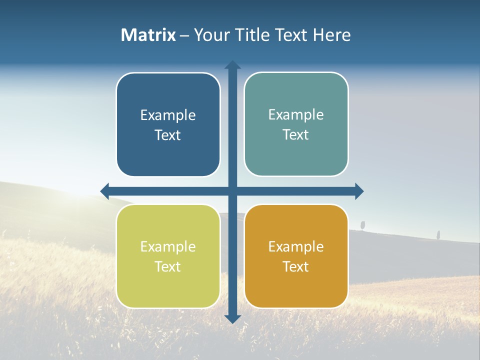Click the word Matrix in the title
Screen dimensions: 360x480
(148, 35)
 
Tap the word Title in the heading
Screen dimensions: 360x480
(254, 35)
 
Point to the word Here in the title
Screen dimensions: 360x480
(332, 35)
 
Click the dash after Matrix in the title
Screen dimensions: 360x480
(184, 35)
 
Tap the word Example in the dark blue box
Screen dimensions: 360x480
(168, 115)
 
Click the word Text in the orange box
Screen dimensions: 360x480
(296, 266)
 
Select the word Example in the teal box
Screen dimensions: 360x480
(296, 114)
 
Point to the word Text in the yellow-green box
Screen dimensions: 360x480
(168, 266)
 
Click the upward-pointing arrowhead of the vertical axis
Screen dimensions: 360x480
(232, 64)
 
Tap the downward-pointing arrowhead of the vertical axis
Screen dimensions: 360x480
(232, 318)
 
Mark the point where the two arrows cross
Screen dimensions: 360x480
(232, 191)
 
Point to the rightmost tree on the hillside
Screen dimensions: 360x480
(438, 234)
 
